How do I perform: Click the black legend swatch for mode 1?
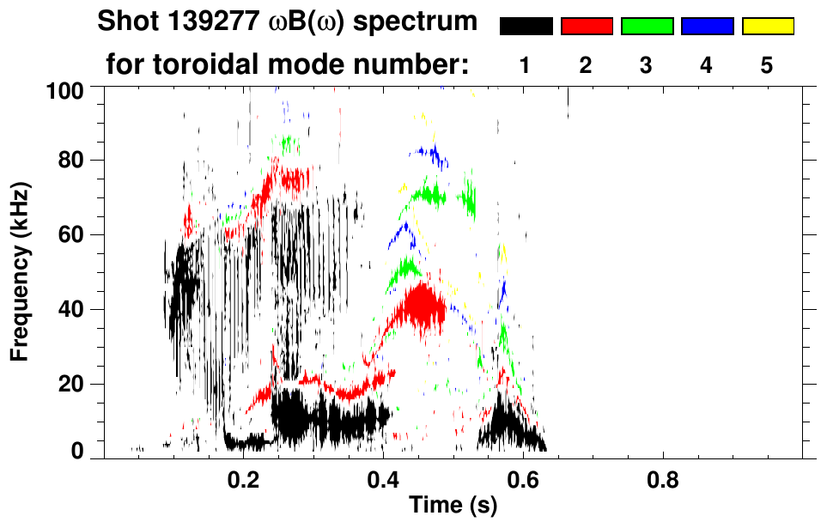point(526,27)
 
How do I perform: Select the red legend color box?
point(587,27)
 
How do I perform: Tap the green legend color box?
point(647,27)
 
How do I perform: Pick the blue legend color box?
point(707,27)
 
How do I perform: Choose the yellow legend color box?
point(768,27)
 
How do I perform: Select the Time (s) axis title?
point(452,506)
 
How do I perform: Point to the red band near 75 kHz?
point(288,179)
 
